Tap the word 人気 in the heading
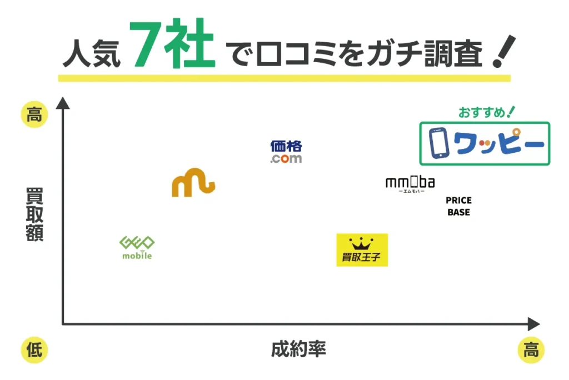(91, 53)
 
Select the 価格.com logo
(286, 152)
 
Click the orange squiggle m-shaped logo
(193, 184)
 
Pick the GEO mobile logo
(137, 248)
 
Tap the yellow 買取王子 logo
(362, 249)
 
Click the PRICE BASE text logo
(458, 206)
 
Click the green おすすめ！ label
(487, 112)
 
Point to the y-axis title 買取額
(34, 214)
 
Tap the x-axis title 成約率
(298, 349)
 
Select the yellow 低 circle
(34, 350)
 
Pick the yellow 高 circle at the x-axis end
(531, 350)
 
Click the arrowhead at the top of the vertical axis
(63, 103)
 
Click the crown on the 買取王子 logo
(362, 243)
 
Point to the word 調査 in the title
(459, 54)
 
